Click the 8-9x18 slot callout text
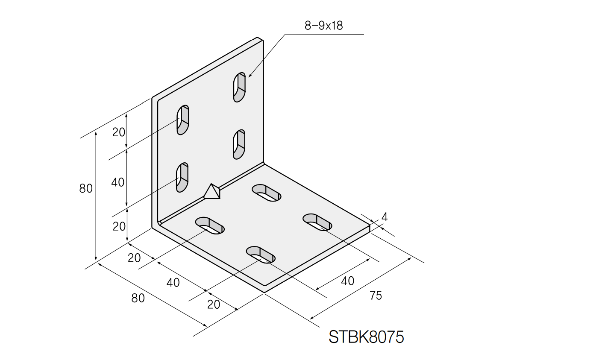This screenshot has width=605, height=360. coord(323,26)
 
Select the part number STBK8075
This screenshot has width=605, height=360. coord(366,337)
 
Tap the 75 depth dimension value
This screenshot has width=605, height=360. coord(376,295)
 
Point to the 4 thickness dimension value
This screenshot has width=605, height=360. coord(384,217)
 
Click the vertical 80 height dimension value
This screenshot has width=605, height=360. coord(86,188)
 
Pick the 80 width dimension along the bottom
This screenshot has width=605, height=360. coord(138,298)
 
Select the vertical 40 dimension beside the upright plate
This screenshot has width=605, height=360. coord(118,182)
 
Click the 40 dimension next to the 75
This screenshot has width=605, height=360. coord(347,281)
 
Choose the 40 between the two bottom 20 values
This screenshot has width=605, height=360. coord(173,282)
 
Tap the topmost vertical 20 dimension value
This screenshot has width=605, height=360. coord(119,132)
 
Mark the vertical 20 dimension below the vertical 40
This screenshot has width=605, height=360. coord(119,226)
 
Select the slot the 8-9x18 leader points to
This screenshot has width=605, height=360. coord(239,87)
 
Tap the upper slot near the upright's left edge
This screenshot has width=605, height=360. coord(183,120)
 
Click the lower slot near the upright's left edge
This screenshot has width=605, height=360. coord(182,177)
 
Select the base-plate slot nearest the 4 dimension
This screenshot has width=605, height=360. coord(317,222)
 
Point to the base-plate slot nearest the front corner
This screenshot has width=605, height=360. coord(261,255)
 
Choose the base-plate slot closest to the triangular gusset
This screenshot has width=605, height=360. coord(210,225)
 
